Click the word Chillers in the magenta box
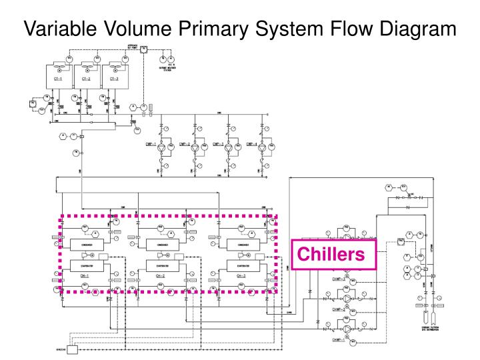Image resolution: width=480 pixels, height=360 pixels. pyautogui.click(x=331, y=254)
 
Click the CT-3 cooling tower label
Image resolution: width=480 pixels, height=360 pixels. pyautogui.click(x=113, y=78)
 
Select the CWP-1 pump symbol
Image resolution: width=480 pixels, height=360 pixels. pyautogui.click(x=161, y=146)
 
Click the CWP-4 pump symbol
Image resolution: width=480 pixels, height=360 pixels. pyautogui.click(x=262, y=146)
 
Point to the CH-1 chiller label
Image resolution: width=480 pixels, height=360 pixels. pyautogui.click(x=83, y=275)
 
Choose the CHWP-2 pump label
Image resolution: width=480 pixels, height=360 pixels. pyautogui.click(x=338, y=309)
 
